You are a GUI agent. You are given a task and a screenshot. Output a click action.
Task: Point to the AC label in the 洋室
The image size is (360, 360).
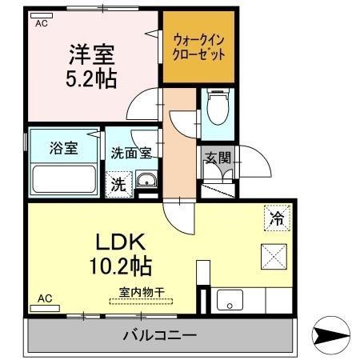(x=42, y=23)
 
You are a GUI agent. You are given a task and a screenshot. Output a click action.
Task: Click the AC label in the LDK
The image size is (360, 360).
(x=45, y=298)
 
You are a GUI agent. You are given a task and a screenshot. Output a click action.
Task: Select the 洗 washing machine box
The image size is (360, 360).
(x=118, y=182)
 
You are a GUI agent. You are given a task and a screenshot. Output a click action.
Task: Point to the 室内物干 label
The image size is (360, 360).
(x=141, y=294)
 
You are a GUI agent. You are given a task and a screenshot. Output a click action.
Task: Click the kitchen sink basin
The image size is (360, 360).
(x=230, y=302)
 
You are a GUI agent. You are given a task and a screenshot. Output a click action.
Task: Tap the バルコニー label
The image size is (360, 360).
(x=159, y=334)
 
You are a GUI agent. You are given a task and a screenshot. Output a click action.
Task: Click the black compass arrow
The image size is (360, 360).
(x=330, y=335)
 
